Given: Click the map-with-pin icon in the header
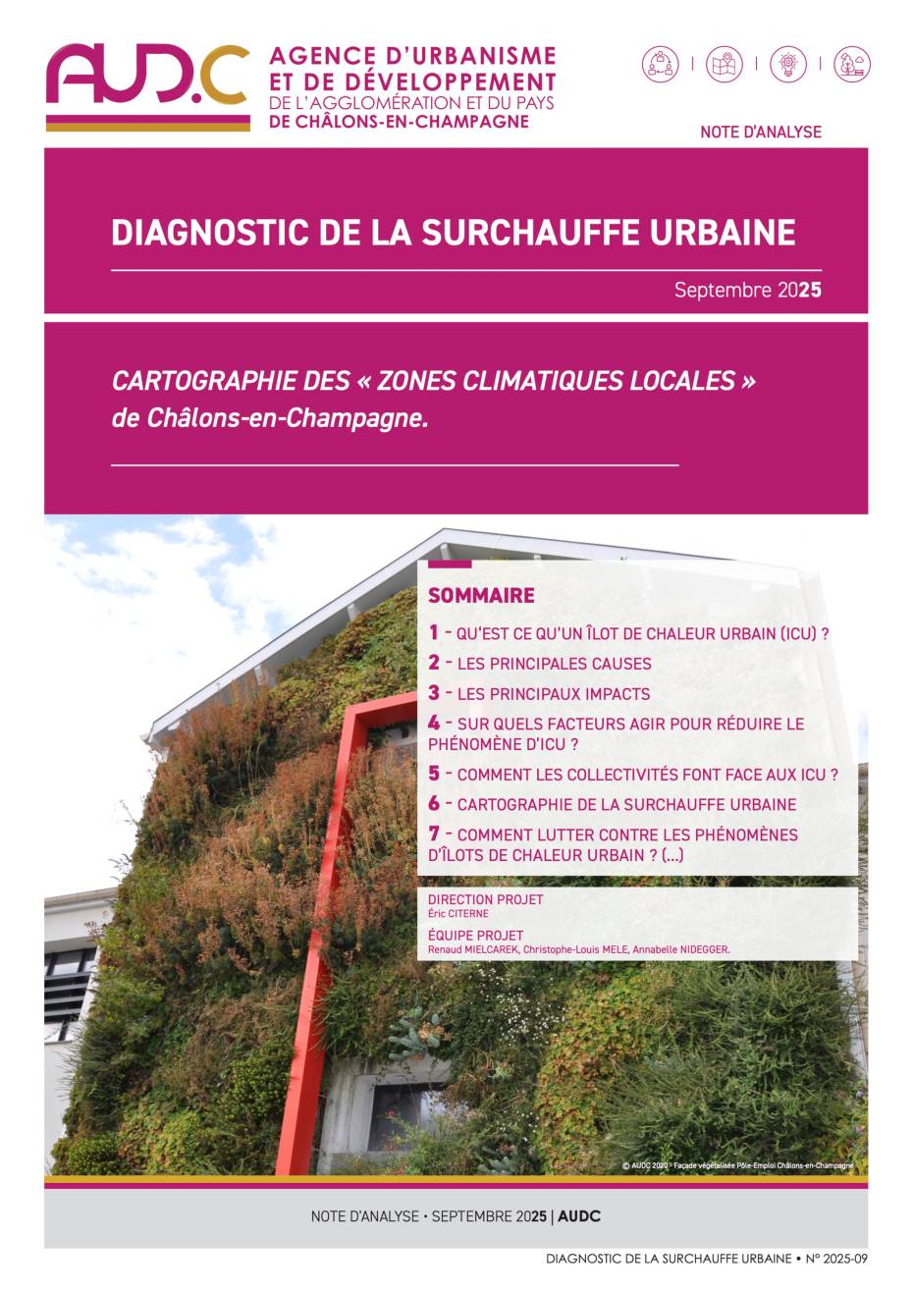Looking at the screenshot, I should point(725,65).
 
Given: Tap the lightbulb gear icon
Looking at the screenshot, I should point(787,65).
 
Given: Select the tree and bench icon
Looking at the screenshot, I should point(851,65).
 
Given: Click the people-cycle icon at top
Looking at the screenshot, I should point(661,65).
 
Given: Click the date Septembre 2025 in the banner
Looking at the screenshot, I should point(747,291).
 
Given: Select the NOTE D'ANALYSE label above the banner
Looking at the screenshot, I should point(760,132).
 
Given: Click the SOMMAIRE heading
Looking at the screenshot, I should point(481,595).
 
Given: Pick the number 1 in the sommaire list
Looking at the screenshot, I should point(433,633).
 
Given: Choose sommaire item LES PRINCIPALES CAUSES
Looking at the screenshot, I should point(554,664).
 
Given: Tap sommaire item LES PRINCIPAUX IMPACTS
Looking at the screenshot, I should point(553,694).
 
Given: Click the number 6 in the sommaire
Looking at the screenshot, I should point(434,804).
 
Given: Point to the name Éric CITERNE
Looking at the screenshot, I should point(458,914).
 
